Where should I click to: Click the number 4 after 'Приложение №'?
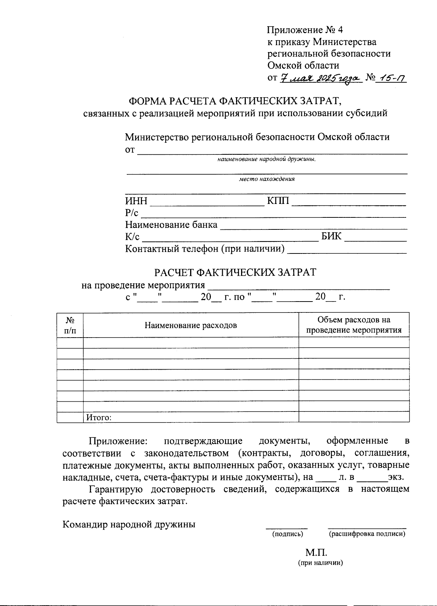pos(340,30)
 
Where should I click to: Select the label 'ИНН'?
pos(136,201)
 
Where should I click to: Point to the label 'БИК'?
pos(331,236)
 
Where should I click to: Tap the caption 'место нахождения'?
pos(267,179)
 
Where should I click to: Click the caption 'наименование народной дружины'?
pos(267,159)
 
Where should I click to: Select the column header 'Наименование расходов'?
pos(190,325)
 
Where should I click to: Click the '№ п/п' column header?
pos(70,325)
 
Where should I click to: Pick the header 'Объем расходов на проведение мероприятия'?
pos(354,325)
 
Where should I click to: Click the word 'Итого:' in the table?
pos(99,418)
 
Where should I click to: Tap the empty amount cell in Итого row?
pos(354,417)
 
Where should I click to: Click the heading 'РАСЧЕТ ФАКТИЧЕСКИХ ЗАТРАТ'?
pos(235,272)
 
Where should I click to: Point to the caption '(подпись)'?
pos(287,534)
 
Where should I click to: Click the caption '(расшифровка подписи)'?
pos(367,534)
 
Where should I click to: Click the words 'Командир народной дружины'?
pos(129,524)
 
